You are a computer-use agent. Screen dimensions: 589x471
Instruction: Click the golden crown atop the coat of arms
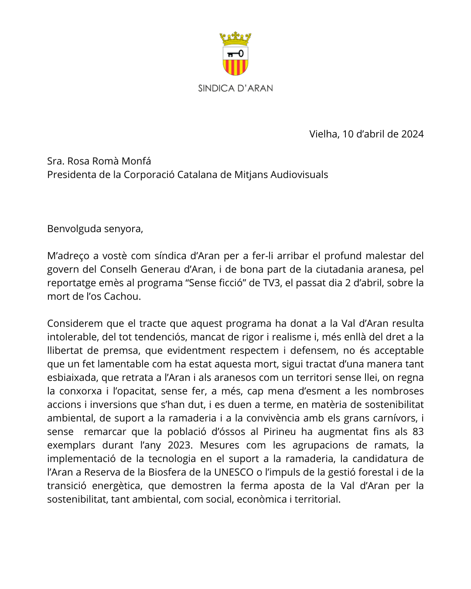(x=235, y=38)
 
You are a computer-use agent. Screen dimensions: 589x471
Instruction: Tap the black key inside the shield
(x=235, y=54)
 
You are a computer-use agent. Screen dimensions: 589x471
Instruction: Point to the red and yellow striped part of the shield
(x=235, y=67)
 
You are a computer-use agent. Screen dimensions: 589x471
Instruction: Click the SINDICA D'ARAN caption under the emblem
(x=235, y=88)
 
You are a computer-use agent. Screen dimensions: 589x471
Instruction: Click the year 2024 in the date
(x=412, y=134)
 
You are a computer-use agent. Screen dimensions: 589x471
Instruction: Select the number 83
(x=418, y=431)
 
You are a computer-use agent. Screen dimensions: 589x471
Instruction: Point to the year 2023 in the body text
(x=179, y=445)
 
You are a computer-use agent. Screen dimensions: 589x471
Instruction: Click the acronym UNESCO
(x=234, y=472)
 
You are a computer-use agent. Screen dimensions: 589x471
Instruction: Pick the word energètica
(x=117, y=486)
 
